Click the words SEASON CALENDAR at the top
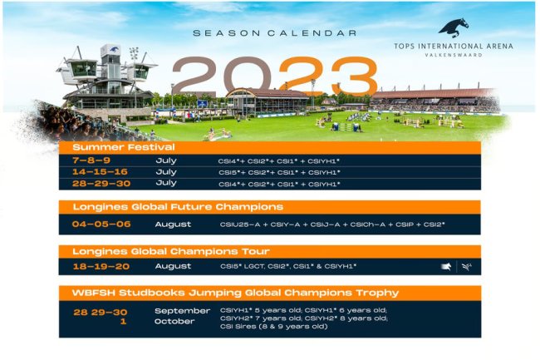[274, 33]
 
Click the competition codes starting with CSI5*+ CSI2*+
[280, 172]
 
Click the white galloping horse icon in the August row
[446, 267]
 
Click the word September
[182, 311]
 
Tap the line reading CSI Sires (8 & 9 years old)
[273, 326]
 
